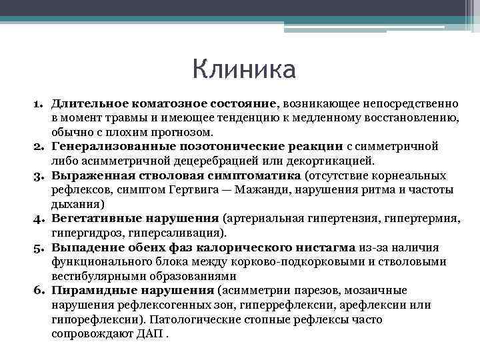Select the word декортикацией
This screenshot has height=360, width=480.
tap(283, 161)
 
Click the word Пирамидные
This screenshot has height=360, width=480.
tap(87, 291)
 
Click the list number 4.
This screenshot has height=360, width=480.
tap(39, 218)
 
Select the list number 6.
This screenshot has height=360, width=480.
tap(39, 291)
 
